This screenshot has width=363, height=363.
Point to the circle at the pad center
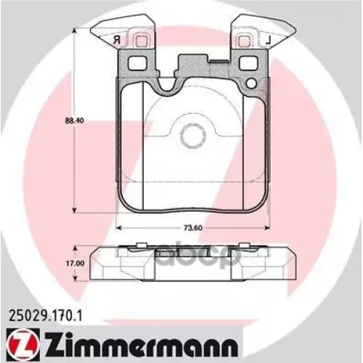click(x=192, y=134)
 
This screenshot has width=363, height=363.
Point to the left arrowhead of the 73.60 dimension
click(x=119, y=229)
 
